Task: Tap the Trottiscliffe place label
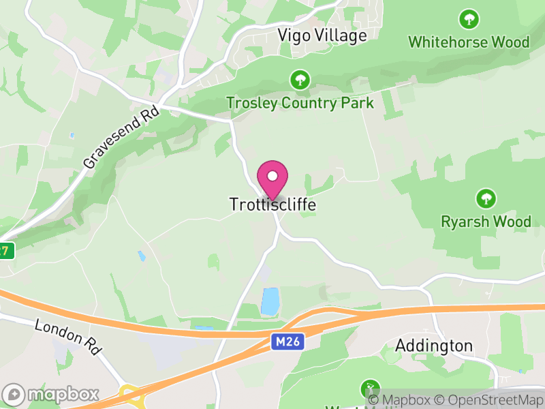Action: coord(272,204)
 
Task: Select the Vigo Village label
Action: coord(322,35)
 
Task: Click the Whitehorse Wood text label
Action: coord(469,42)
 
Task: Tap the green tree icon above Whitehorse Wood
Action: coord(469,19)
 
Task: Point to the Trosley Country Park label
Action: coord(300,103)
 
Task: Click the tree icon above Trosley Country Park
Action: coord(299,80)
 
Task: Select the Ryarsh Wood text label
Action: coord(486,222)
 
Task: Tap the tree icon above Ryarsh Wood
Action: coord(486,199)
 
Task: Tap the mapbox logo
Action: coord(52,394)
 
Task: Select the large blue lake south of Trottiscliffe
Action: coord(270,301)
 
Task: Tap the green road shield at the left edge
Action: coord(5,250)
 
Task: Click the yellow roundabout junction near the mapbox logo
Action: coord(129,395)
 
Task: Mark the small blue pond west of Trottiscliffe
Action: coord(142,256)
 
